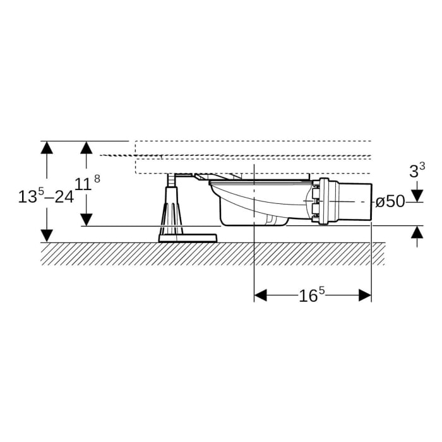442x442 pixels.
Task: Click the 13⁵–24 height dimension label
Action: click(x=46, y=196)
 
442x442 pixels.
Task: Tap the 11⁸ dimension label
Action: click(x=87, y=183)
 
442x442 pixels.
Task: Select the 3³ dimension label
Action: click(x=417, y=170)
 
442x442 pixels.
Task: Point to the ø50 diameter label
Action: click(x=390, y=201)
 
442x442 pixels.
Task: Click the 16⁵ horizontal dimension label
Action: click(x=312, y=295)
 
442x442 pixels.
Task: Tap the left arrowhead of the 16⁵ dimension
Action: click(x=260, y=295)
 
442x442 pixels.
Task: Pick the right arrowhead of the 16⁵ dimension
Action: click(x=365, y=295)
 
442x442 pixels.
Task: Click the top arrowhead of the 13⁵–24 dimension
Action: click(x=47, y=147)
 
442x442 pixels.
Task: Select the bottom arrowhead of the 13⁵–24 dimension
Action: click(x=47, y=236)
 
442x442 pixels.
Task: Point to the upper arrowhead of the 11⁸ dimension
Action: click(x=87, y=147)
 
